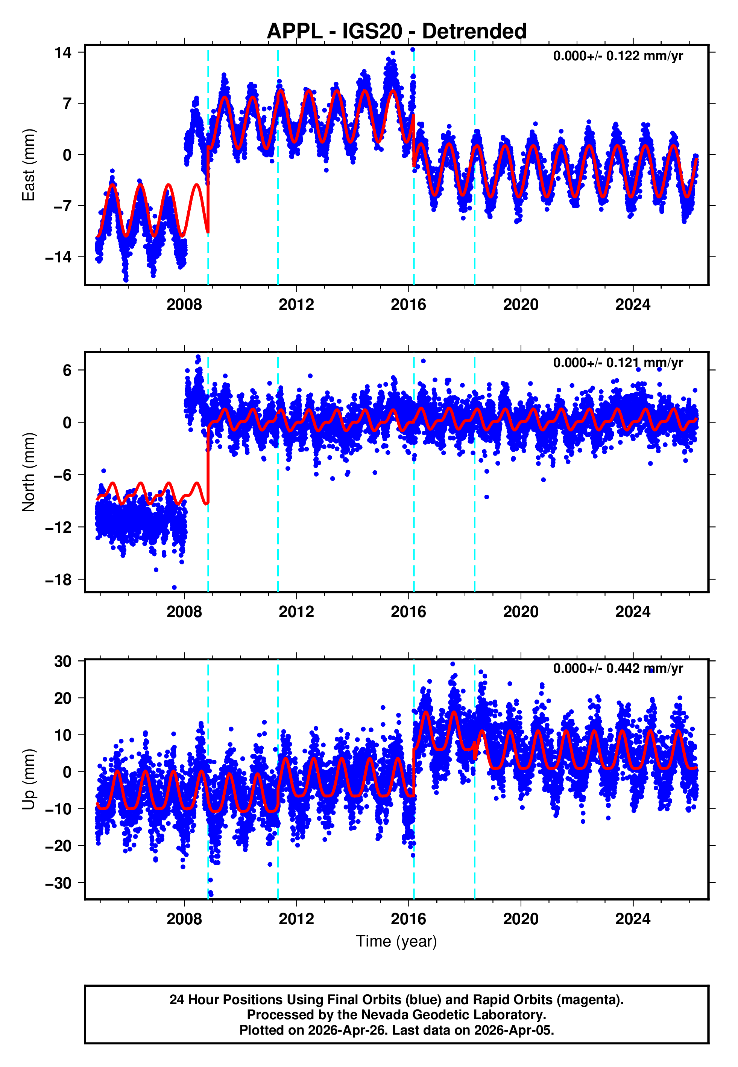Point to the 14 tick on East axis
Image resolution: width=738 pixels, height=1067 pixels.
(x=63, y=52)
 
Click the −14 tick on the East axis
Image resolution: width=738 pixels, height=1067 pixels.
(x=58, y=257)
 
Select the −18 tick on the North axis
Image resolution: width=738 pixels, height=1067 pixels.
(x=58, y=579)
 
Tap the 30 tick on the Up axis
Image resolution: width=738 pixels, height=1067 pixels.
(x=63, y=661)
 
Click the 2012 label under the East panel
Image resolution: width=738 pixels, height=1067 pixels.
(x=296, y=305)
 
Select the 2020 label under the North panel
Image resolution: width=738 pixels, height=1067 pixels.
(x=521, y=612)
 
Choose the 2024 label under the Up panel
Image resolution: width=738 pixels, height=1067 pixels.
(x=633, y=919)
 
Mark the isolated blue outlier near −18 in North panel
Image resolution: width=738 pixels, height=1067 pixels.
(x=174, y=588)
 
